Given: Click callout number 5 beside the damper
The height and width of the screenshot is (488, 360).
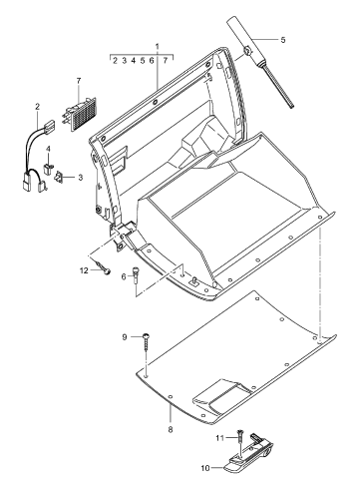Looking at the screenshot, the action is pos(283,40).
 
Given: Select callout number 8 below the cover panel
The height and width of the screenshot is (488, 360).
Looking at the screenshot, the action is pos(171,429).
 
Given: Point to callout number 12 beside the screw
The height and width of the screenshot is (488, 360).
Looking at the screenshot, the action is pos(84,270).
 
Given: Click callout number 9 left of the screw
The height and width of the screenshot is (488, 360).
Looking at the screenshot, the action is pos(125,337).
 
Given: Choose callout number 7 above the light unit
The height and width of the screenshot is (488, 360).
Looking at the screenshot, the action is pos(79,81).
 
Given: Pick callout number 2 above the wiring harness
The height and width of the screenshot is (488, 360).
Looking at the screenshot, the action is pos(37,107).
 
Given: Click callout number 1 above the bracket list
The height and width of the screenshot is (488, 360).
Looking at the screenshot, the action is pos(157,46).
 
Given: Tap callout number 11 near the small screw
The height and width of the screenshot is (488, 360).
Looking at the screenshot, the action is pos(219,438).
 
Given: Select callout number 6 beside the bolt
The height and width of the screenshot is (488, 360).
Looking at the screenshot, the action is pos(124,276).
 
